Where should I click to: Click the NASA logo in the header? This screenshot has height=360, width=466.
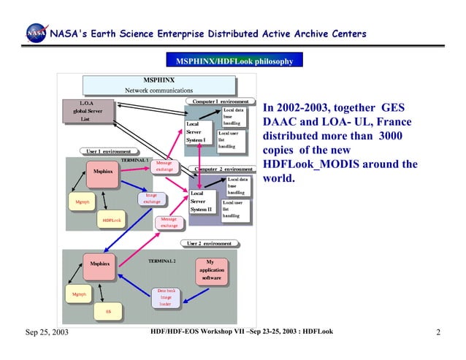34,34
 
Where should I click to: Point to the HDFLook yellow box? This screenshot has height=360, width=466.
111,220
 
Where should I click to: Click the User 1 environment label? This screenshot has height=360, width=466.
108,152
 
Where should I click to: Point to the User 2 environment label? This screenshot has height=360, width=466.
209,243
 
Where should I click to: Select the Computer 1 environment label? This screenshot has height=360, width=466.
220,101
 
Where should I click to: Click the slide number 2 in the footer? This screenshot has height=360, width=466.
438,334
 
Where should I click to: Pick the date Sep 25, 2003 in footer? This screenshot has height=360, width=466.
47,334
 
